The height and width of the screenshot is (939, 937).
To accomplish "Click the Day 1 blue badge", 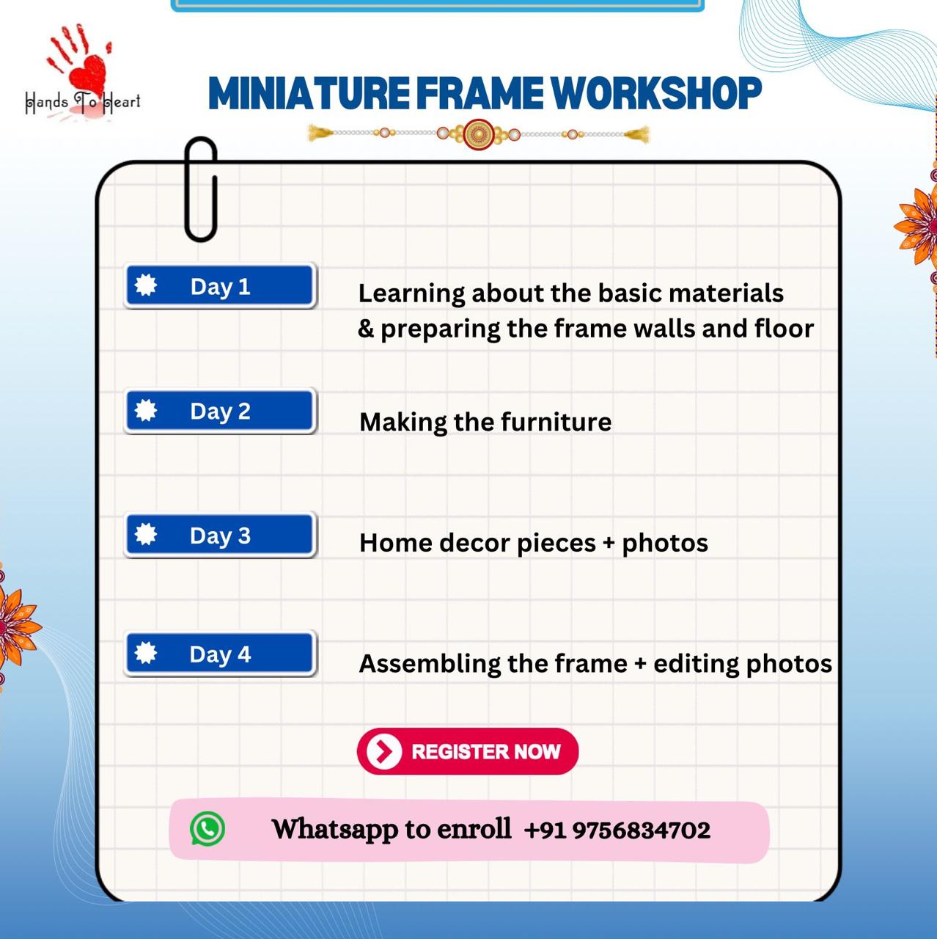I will coord(220,286).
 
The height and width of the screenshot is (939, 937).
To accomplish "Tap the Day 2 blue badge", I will coord(220,411).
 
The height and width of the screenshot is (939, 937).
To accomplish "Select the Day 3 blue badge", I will coord(220,536).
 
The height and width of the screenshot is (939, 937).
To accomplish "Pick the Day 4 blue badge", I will coord(220,654).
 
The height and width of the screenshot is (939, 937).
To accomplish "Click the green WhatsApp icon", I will coord(207,829).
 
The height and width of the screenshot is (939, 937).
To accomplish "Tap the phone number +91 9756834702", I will coord(617,830).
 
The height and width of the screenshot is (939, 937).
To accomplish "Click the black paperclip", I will coord(201,189).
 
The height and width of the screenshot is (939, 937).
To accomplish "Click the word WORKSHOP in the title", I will coord(655,94).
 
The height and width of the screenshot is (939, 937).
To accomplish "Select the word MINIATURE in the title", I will coord(309,94).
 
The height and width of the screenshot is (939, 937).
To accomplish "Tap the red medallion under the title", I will coord(478,134).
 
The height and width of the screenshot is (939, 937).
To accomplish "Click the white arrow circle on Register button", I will coord(384,751).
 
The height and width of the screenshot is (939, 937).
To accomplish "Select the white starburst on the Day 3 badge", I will coord(146,534).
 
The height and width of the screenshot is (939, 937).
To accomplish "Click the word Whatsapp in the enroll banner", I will coord(335,830).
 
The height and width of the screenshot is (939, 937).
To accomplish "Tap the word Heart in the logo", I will coord(122,102).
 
